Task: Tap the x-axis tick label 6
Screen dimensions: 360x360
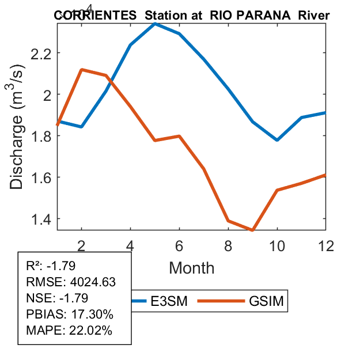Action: coord(180,245)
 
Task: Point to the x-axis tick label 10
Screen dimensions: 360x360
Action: coord(277,245)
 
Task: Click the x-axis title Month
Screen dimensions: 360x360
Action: coord(191,267)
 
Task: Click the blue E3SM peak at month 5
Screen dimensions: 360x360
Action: coord(155,24)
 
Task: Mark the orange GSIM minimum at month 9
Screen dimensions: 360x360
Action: coord(252,230)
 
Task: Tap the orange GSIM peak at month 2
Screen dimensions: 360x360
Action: coord(82,70)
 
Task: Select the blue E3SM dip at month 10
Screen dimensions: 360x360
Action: coord(277,140)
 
